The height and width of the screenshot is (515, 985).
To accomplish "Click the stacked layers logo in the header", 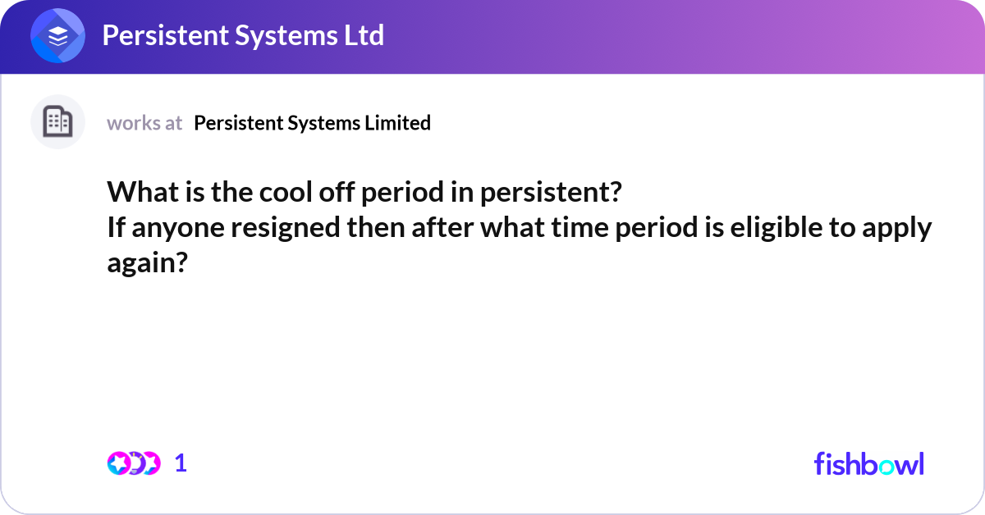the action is tap(57, 35).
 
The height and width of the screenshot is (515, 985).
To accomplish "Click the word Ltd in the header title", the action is tap(364, 35).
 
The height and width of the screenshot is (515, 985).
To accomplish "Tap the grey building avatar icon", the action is tap(57, 121).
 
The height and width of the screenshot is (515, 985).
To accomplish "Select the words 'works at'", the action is tap(144, 123).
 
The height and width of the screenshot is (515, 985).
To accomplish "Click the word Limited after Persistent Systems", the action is tap(397, 122).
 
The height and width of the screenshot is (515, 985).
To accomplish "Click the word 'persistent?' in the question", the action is tap(551, 193).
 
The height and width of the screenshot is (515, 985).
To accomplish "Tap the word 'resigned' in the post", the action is tap(286, 228).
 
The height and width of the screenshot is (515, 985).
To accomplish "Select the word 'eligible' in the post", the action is tap(777, 227).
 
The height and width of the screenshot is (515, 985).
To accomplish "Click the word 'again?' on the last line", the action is tap(147, 263).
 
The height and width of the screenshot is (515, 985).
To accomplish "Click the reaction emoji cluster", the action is tap(134, 463).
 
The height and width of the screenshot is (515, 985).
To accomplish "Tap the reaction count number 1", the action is tap(181, 463).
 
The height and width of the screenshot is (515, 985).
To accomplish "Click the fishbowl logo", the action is tap(869, 463).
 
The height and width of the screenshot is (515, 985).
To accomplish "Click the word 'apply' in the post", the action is tap(896, 228).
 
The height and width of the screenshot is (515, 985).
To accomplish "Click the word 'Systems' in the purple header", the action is tap(286, 36).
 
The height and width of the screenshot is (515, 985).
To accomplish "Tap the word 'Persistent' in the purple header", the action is tap(165, 35).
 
